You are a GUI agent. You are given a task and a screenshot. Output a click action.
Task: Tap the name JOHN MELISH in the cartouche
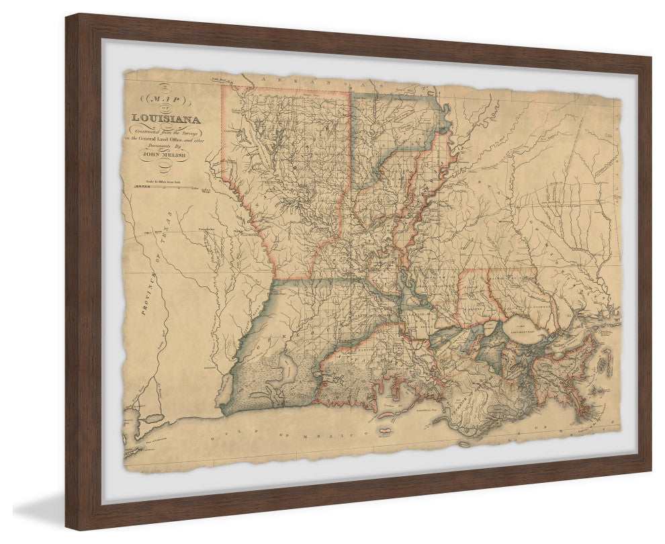click(x=163, y=154)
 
